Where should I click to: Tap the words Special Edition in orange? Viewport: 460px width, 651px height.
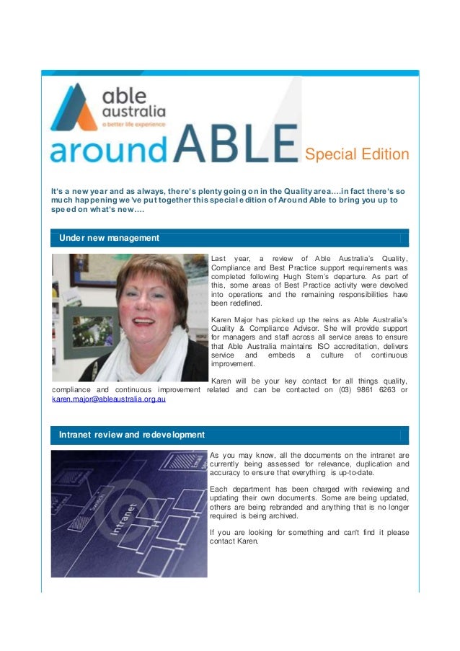pyautogui.click(x=356, y=154)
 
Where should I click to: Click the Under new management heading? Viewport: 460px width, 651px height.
pyautogui.click(x=109, y=237)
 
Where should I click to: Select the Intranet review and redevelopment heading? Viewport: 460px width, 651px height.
pyautogui.click(x=132, y=435)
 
